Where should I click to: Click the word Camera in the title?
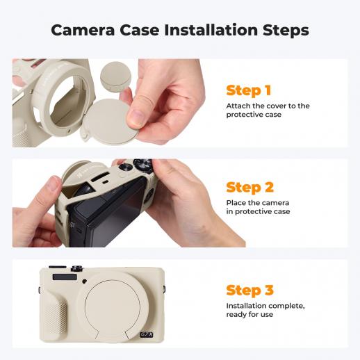pos(83,31)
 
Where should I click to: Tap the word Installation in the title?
pos(211,30)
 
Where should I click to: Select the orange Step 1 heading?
pos(248,90)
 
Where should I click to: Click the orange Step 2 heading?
pos(249,187)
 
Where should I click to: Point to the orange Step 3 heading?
pos(249,290)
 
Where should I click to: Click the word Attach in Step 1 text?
pos(238,106)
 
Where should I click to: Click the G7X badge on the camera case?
pos(147,334)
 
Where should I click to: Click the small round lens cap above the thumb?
pos(115,76)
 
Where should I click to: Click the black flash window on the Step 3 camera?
pos(65,277)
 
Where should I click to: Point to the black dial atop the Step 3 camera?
pos(77,268)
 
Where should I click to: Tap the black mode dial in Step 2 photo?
pos(142,165)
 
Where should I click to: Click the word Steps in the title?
pos(286,31)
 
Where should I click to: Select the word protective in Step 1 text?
pos(243,115)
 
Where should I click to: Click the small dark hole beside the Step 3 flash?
pos(85,281)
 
